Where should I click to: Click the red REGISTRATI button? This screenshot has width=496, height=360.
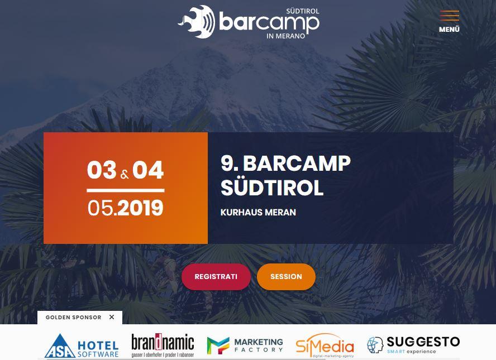[216, 277]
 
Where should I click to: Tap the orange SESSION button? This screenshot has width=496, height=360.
[286, 277]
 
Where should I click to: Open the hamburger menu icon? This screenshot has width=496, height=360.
[449, 16]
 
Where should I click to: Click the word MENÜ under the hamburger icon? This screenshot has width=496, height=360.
[449, 30]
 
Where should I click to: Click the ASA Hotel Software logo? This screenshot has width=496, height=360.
[82, 345]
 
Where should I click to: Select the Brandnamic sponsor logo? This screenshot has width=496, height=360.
[163, 345]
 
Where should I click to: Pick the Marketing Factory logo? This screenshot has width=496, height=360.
[245, 345]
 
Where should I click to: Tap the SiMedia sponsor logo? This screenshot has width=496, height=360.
[325, 346]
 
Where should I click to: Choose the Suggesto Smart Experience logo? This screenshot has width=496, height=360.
[413, 345]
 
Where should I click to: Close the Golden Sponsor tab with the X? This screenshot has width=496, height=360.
[112, 317]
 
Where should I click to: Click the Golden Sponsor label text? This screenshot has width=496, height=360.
[73, 318]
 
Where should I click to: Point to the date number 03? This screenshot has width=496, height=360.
[102, 170]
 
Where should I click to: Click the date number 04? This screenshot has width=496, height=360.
[148, 170]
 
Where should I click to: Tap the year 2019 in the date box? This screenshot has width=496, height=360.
[140, 208]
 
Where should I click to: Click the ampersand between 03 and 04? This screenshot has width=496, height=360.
[125, 175]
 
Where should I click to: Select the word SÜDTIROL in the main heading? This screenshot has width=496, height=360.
[272, 188]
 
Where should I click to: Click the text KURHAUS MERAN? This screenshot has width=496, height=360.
[258, 212]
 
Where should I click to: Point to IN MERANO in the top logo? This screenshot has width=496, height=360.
[285, 36]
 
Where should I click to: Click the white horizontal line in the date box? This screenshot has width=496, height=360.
[126, 190]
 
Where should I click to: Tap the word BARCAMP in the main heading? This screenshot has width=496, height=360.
[297, 164]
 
